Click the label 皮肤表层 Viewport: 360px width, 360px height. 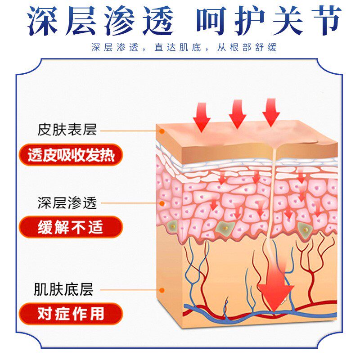67,130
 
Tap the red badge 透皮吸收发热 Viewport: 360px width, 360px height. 71,155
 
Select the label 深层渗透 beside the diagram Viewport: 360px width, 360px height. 67,203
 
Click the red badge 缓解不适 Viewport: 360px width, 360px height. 71,227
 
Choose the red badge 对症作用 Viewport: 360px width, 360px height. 71,314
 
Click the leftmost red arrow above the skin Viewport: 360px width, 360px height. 202,116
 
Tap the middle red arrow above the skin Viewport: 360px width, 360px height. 238,113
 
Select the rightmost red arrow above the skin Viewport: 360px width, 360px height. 271,112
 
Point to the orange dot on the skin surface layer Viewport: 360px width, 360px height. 162,131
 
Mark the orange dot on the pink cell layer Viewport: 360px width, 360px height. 162,203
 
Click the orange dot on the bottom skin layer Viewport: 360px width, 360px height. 162,290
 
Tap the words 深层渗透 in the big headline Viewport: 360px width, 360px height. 100,21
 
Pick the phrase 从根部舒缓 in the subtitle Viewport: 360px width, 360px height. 249,48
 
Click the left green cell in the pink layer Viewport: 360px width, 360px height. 172,226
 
